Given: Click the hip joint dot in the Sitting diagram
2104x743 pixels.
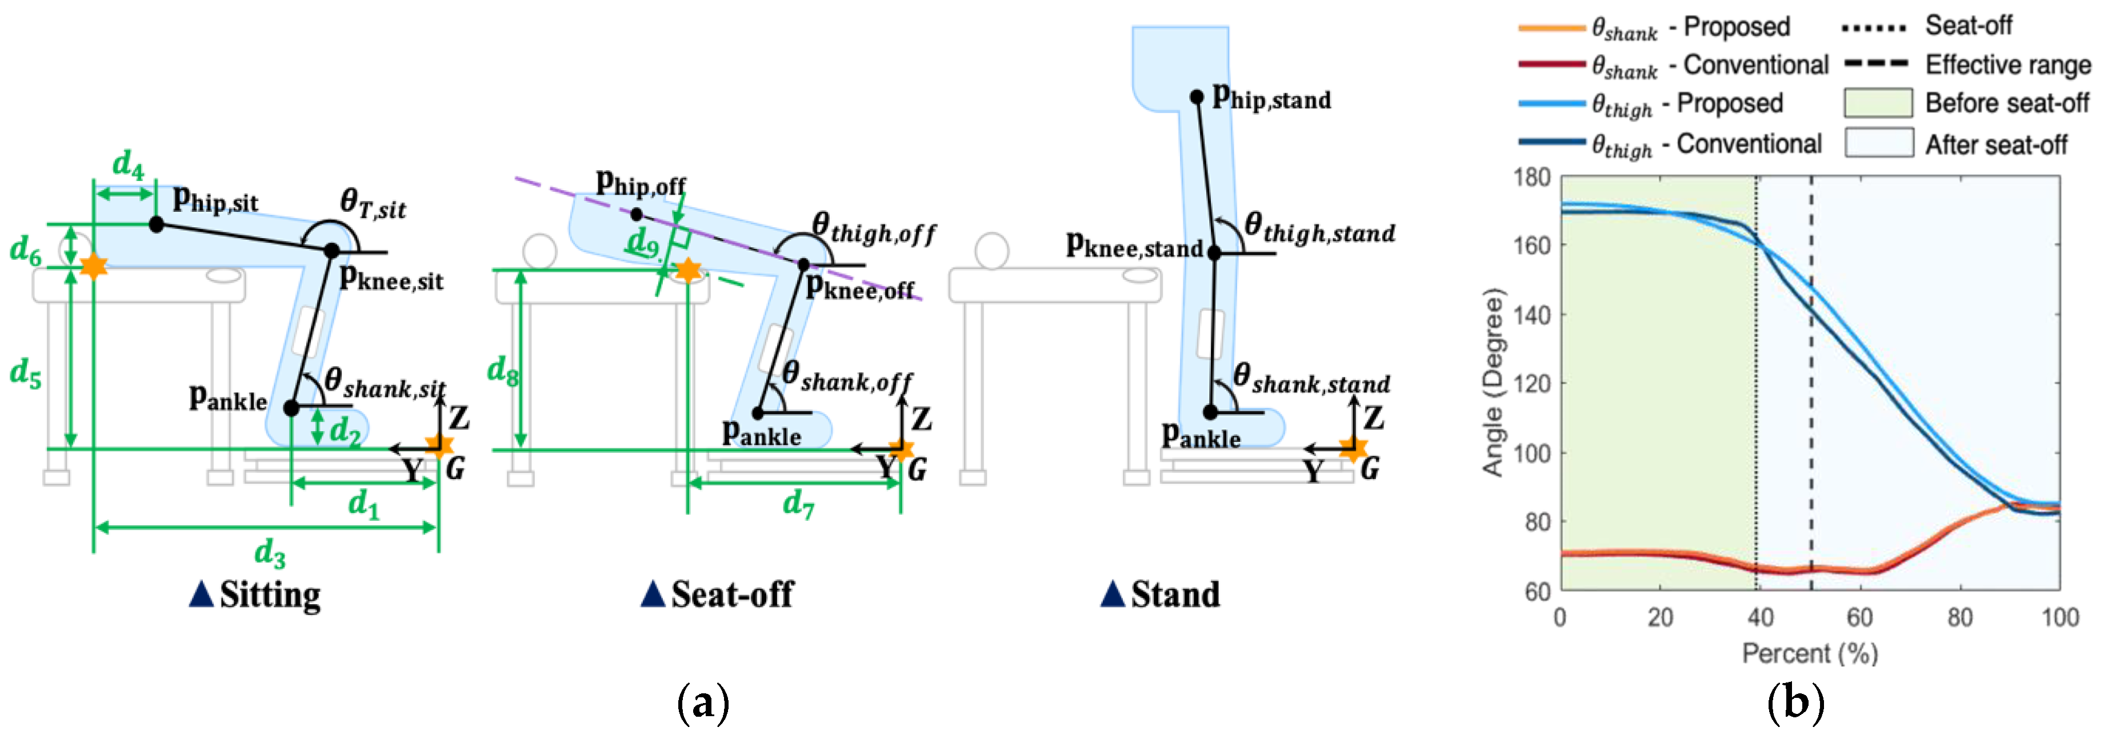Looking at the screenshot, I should (156, 224).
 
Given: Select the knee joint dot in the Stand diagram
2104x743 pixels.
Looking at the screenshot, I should (1214, 253).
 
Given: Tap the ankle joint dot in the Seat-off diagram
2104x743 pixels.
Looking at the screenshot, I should (758, 413).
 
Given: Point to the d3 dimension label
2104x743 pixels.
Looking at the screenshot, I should (270, 553).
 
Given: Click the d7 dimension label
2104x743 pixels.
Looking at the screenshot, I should (798, 504).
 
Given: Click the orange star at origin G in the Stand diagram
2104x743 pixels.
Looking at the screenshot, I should (1353, 448).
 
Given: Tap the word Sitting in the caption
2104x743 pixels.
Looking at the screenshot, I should (270, 595).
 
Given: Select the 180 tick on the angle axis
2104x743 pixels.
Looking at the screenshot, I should (1531, 177).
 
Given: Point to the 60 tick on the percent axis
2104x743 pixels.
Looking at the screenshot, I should (1860, 617).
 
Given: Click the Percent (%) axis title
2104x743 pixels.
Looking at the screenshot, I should (1810, 654).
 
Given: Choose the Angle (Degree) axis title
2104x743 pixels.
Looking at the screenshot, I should (1493, 382).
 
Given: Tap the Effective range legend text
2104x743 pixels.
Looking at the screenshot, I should (2007, 65).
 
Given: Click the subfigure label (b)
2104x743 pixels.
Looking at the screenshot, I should (1795, 704).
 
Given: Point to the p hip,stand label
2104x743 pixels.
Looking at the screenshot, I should (1271, 98).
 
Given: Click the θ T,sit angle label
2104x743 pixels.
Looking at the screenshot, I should (373, 203).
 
